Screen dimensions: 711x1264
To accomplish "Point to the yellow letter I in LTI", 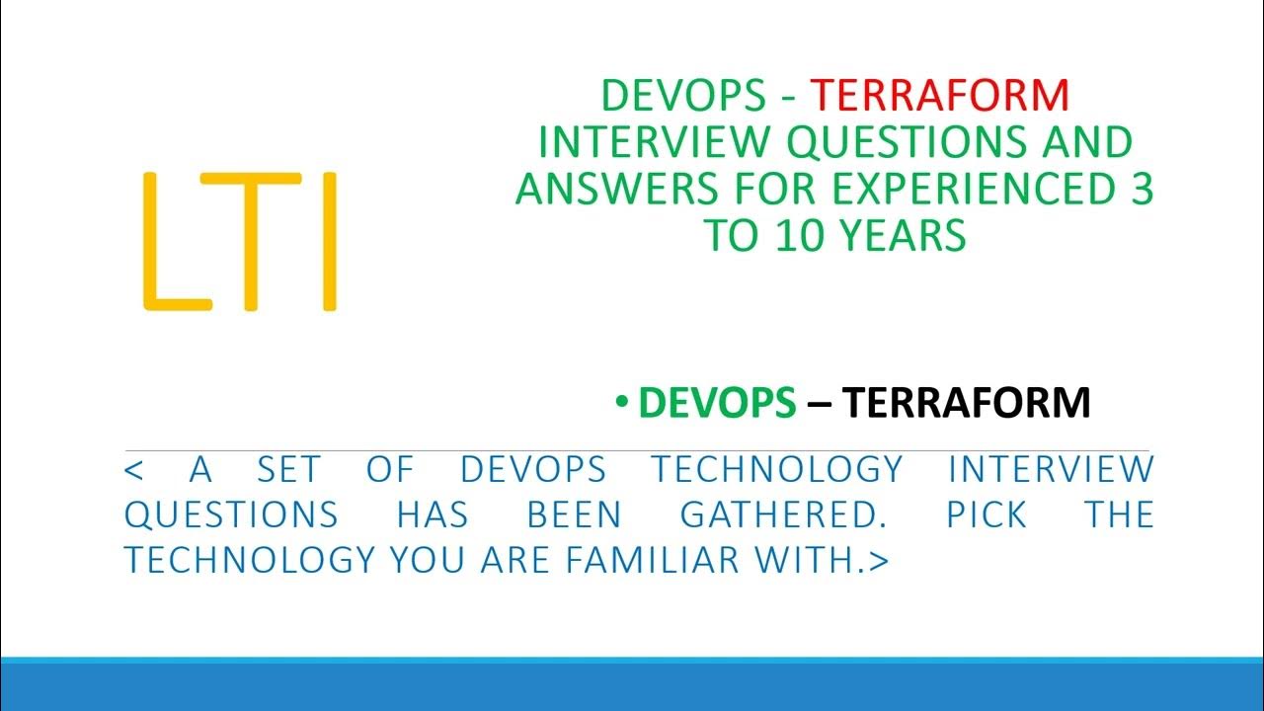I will coord(330,242).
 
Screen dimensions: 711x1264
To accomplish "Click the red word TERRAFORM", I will coord(940,95).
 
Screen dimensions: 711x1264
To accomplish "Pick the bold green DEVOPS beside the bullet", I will coord(717,403).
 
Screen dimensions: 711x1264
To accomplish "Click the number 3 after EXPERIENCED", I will coord(1142,189).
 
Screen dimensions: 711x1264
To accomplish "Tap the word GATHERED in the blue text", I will coord(774,514).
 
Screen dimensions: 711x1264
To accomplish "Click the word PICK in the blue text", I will coord(987,514).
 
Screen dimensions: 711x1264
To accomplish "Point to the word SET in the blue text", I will coord(289,469).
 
